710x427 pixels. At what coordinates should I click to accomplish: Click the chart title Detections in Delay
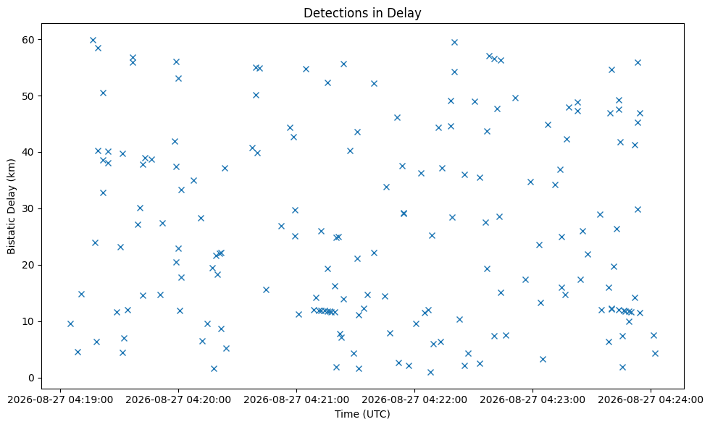click(362, 13)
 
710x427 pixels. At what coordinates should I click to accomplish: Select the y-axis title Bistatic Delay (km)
click(12, 206)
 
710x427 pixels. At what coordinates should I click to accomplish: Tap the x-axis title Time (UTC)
click(362, 414)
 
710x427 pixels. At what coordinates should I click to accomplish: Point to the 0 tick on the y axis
click(32, 378)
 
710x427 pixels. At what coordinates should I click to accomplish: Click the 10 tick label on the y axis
click(30, 321)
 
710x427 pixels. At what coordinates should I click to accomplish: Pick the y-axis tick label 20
click(30, 265)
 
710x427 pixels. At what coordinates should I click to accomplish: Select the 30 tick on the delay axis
click(30, 208)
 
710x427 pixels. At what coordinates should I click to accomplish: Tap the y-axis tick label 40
click(30, 153)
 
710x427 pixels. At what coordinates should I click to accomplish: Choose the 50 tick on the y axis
click(30, 96)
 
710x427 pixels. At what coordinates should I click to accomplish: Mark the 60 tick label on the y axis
click(30, 39)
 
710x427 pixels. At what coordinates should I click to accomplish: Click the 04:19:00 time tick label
click(60, 399)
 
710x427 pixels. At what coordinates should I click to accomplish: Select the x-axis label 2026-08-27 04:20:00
click(178, 399)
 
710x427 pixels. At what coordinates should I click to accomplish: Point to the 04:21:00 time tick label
click(296, 399)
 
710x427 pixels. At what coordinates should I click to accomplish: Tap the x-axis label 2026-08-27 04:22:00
click(414, 399)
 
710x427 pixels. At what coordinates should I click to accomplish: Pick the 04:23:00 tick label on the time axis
click(532, 399)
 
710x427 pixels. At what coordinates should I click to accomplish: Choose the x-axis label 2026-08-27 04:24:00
click(651, 399)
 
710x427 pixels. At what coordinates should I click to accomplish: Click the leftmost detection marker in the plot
click(70, 324)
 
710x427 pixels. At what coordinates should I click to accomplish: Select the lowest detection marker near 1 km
click(430, 372)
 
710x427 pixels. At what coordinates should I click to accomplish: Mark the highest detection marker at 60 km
click(93, 41)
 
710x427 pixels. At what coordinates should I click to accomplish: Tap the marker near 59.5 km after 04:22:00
click(455, 43)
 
